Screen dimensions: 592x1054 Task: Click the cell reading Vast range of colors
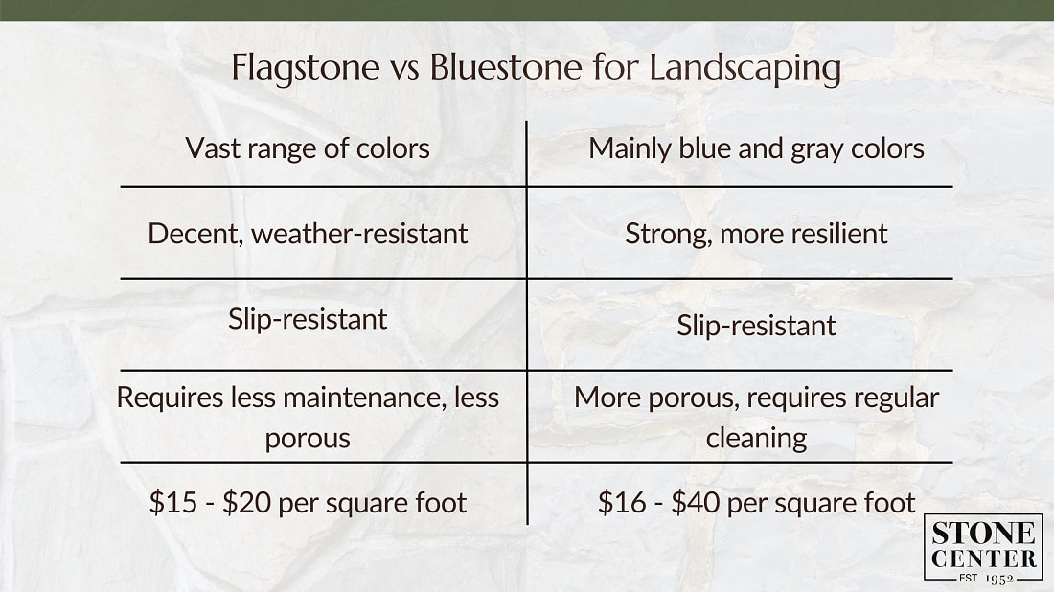coord(308,148)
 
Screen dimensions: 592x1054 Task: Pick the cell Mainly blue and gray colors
coord(756,148)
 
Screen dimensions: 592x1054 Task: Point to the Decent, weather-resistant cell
coord(308,233)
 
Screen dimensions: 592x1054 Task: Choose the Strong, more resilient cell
coord(756,233)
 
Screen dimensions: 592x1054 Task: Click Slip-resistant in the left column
coord(308,319)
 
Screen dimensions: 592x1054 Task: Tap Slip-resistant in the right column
coord(756,325)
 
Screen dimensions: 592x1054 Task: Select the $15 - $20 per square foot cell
coord(308,502)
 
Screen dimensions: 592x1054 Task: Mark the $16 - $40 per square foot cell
coord(756,502)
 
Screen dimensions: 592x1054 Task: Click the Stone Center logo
coord(983,547)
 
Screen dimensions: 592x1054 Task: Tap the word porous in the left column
coord(308,438)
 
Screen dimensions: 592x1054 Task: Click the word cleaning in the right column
coord(756,438)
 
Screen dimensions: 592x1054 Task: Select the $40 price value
coord(696,502)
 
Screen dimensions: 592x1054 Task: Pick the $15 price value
coord(171,502)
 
